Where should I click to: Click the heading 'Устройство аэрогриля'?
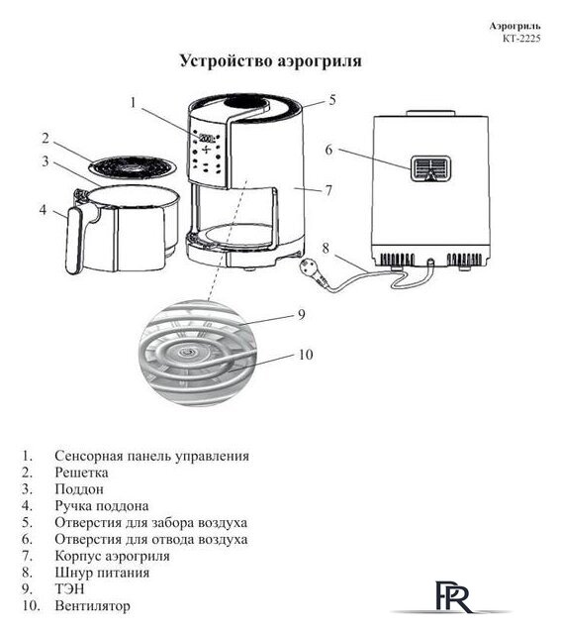point(270,61)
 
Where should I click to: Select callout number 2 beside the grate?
point(46,138)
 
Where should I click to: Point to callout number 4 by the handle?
point(44,209)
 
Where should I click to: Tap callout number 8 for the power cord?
point(326,248)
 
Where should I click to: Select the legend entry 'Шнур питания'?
point(103,572)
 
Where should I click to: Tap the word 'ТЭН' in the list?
point(72,588)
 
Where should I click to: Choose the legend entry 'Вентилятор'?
point(93,605)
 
